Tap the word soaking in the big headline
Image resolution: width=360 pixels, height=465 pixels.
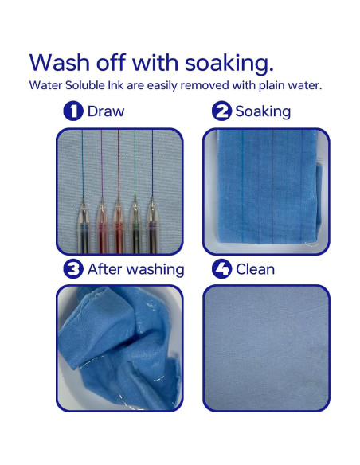pos(229,64)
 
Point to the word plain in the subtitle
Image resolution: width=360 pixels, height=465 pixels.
pos(271,86)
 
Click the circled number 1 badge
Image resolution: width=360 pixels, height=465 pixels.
pos(73,111)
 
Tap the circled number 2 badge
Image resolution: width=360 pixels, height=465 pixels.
pos(221,111)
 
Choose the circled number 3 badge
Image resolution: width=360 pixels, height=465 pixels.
pos(73,269)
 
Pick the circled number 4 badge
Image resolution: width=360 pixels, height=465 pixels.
pos(221,269)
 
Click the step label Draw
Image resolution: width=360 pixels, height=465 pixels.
pos(106,111)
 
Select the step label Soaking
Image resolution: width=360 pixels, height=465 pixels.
pos(263,112)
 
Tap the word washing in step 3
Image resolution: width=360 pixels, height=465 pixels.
pos(156,270)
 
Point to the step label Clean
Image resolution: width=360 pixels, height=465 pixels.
pos(255,269)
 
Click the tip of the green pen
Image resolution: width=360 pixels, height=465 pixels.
pos(135,198)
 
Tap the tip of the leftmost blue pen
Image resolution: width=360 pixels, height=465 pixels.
pos(84,198)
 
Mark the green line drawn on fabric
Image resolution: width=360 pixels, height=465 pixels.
pos(135,163)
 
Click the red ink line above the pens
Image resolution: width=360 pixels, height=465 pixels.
pos(119,163)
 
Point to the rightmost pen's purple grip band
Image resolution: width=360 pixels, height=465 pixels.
pos(152,225)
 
